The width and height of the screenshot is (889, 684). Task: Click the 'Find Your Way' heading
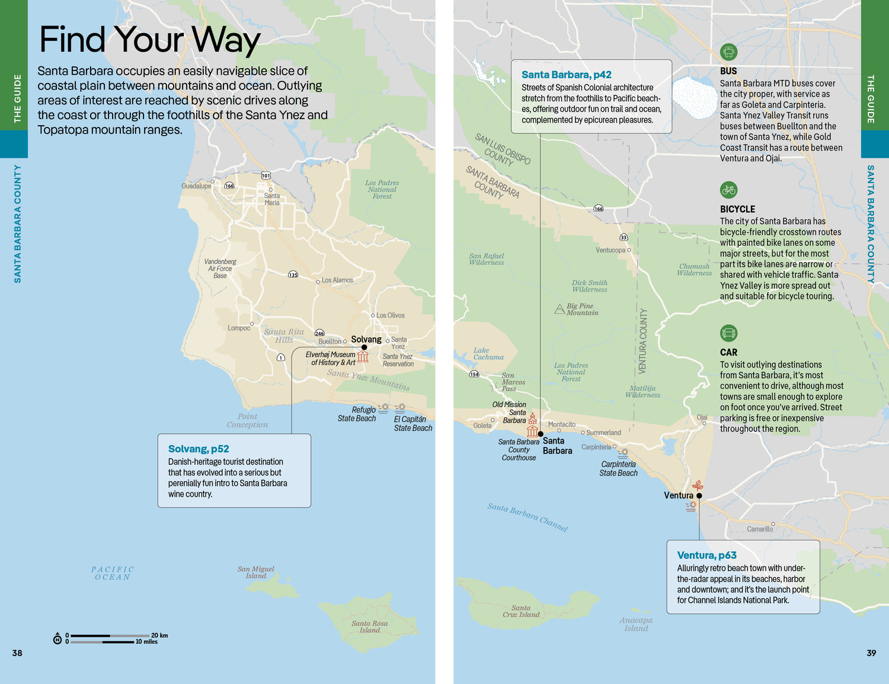pos(149,40)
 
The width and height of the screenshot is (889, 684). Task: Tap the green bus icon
pos(728,52)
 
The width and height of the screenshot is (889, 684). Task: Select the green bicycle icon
pos(728,190)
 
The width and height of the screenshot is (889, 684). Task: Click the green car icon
pos(728,333)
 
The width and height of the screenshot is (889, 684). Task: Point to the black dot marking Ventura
pos(699,496)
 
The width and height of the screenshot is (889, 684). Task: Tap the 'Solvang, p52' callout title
pos(199,449)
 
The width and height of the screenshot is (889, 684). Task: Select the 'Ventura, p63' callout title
pos(706,555)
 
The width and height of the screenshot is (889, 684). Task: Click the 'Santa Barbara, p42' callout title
pos(566,75)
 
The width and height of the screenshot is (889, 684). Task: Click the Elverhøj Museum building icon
pos(363,356)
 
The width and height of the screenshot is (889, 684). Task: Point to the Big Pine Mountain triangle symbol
pos(559,309)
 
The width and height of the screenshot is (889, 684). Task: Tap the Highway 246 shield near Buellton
pos(319,333)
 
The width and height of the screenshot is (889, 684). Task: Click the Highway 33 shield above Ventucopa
pos(623,237)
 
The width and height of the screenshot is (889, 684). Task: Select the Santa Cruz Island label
pos(521,611)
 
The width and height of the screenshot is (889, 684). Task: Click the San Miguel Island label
pos(256,572)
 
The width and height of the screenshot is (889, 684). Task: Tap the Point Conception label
pos(247,420)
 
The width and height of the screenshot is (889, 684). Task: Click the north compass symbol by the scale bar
pos(57,638)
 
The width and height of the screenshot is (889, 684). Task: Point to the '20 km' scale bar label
pos(159,635)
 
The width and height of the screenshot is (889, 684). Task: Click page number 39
pos(871,653)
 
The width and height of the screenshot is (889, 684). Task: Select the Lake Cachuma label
pos(488,354)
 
